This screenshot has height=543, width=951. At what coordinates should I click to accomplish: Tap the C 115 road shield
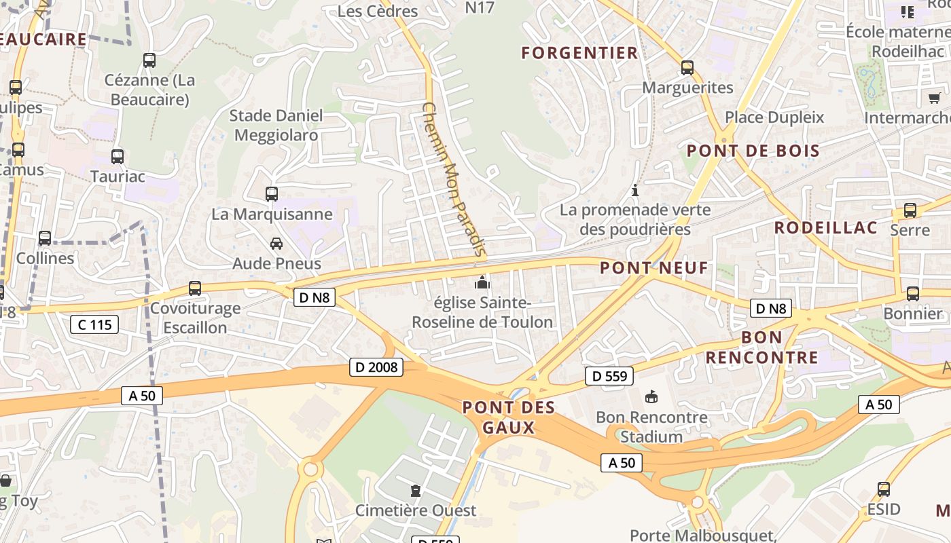[x=94, y=324]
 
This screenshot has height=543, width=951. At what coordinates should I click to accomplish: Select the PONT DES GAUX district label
[x=509, y=417]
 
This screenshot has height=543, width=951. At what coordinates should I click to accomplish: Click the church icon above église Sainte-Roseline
[x=482, y=282]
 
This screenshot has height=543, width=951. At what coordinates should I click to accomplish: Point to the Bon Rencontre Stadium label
[x=651, y=426]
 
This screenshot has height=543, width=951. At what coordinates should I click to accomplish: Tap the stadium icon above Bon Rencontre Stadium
[x=651, y=396]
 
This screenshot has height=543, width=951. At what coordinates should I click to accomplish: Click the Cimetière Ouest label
[x=416, y=510]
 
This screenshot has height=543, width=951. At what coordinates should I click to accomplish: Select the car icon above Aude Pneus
[x=276, y=243]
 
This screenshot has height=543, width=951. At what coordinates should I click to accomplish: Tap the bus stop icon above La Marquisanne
[x=272, y=194]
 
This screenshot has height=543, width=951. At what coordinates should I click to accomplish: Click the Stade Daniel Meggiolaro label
[x=276, y=125]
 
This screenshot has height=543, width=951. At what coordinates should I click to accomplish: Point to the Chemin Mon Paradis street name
[x=453, y=180]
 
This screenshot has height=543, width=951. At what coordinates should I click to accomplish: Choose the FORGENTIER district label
[x=579, y=52]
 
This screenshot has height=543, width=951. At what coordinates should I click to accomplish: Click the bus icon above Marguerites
[x=687, y=68]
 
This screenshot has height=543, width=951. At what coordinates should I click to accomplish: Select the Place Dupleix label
[x=774, y=117]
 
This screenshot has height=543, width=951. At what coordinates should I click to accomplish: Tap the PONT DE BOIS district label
[x=753, y=150]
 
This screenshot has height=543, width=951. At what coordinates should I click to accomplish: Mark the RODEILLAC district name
[x=826, y=227]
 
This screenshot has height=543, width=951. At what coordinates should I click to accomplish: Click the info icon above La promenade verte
[x=635, y=190]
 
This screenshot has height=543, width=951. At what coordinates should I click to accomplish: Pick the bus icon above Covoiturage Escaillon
[x=195, y=288]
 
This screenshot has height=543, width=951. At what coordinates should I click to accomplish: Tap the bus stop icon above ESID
[x=884, y=489]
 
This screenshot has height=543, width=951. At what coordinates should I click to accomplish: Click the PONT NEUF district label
[x=654, y=267]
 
